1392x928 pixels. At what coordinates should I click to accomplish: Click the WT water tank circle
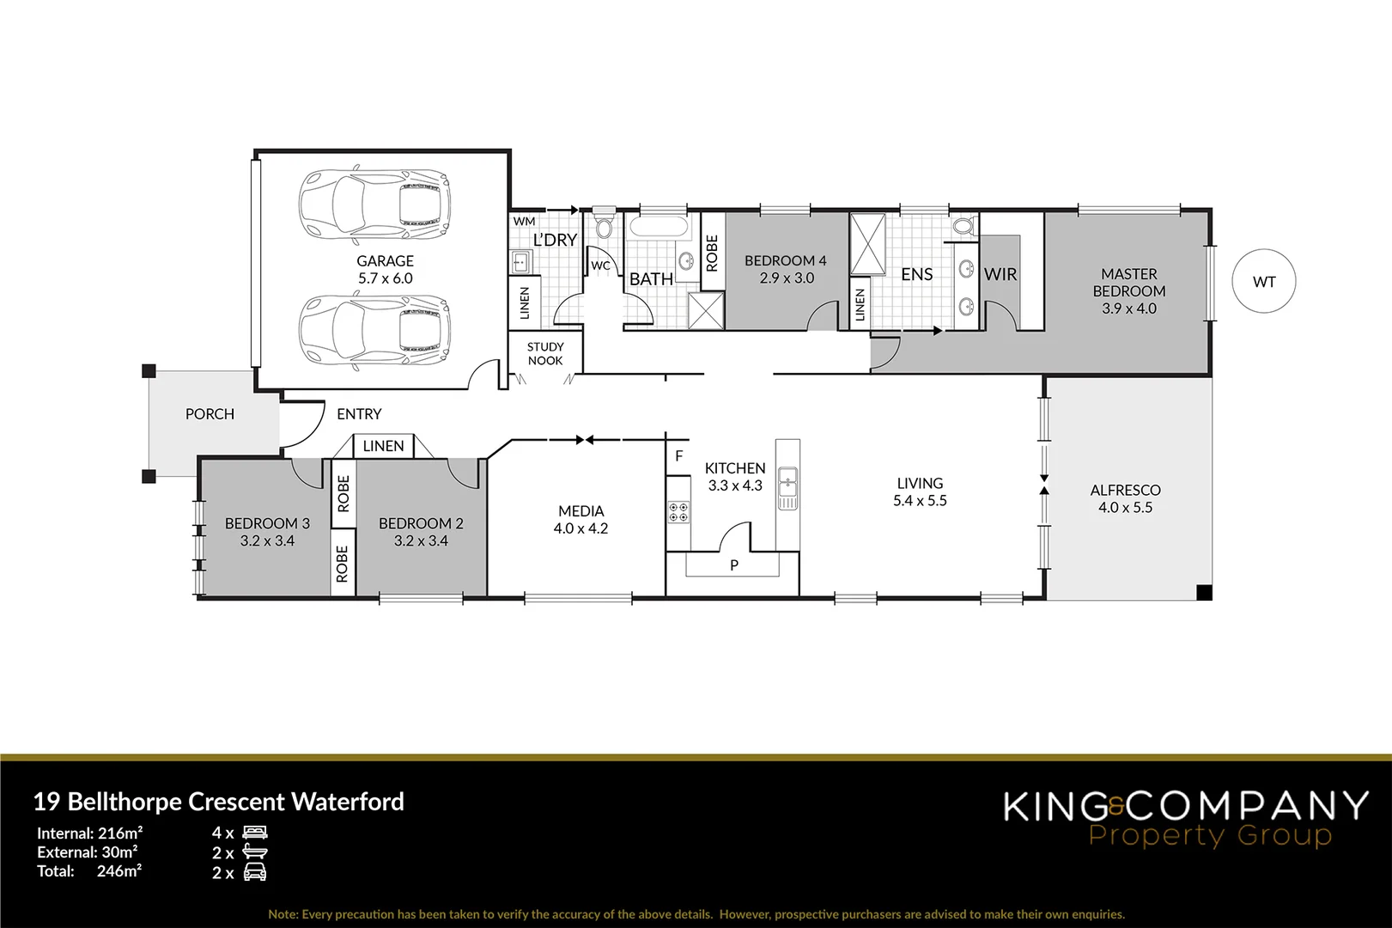point(1263,282)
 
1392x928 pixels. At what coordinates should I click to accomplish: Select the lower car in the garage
point(374,330)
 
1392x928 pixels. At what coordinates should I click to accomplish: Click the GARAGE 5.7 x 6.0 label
point(385,269)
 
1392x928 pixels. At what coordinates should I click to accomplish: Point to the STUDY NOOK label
point(545,354)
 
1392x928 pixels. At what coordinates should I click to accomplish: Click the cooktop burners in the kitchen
point(678,512)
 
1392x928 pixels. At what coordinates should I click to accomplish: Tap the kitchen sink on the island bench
point(787,488)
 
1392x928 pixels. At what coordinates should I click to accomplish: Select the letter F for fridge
point(678,456)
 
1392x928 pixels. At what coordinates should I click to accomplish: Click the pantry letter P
point(733,565)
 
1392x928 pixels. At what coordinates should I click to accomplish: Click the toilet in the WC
point(604,225)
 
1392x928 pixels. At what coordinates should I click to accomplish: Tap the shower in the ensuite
point(867,243)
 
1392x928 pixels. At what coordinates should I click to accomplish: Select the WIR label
point(1000,274)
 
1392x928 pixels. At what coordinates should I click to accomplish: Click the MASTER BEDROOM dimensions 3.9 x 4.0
point(1128,308)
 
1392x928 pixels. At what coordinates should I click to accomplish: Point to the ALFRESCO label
point(1125,490)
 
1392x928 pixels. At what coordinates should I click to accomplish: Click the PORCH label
point(210,414)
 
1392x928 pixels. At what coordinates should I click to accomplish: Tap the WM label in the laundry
point(524,221)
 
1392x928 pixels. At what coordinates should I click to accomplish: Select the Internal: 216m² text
point(89,833)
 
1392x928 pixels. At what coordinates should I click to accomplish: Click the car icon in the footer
point(255,873)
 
